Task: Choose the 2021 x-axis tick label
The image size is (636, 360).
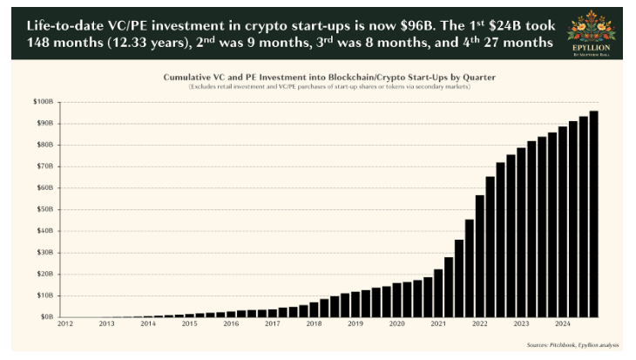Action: [x=437, y=323]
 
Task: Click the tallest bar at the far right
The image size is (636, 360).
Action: [x=593, y=214]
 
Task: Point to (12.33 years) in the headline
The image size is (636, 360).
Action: [x=143, y=41]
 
